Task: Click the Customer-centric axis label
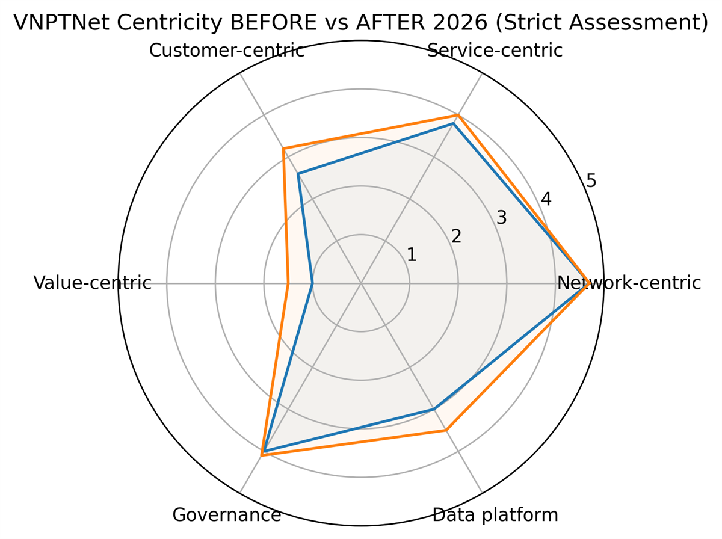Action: coord(226,51)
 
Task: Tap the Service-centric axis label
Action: coord(495,51)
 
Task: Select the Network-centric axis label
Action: coord(629,283)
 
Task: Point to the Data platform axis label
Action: coord(495,515)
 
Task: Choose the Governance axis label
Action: coord(226,515)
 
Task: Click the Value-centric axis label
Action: coord(92,283)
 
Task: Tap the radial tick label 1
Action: coord(412,255)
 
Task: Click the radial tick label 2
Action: coord(456,236)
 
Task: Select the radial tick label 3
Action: coord(501,218)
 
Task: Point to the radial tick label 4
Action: coord(546,199)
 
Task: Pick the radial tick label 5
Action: coord(591,180)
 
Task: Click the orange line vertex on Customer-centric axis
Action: coord(283,148)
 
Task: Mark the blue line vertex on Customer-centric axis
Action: coord(298,174)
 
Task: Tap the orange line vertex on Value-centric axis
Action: coord(288,283)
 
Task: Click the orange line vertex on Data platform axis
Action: coord(446,430)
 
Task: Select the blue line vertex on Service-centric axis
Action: coord(454,123)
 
